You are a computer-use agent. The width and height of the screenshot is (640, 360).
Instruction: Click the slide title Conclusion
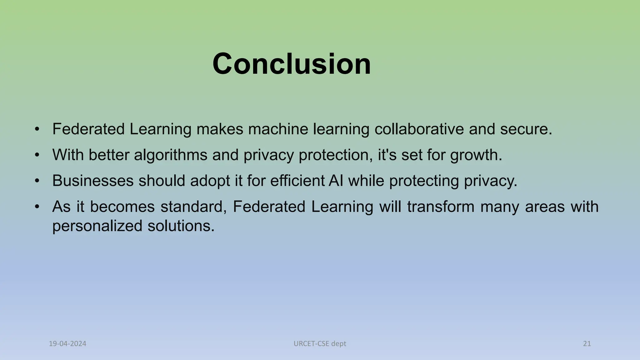(x=292, y=64)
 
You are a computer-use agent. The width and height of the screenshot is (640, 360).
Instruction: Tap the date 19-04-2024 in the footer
(x=67, y=344)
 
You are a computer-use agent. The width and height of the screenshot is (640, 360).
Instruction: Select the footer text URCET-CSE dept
(x=320, y=344)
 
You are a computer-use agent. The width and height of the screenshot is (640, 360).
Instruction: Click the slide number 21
(x=587, y=344)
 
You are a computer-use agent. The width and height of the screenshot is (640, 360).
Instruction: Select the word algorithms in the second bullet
(x=171, y=155)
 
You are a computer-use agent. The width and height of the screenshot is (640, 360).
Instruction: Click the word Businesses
(x=93, y=181)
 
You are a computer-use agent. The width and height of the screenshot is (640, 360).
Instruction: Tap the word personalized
(x=97, y=226)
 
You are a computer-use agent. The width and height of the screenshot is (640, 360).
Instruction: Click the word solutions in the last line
(x=181, y=226)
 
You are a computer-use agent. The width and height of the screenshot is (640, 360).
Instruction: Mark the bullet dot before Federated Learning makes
(x=37, y=129)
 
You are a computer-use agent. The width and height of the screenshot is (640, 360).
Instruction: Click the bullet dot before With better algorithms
(x=37, y=155)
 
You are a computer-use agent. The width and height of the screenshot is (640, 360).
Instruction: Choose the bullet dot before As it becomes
(x=37, y=207)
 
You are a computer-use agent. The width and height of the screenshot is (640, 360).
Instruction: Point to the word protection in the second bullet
(x=333, y=155)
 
